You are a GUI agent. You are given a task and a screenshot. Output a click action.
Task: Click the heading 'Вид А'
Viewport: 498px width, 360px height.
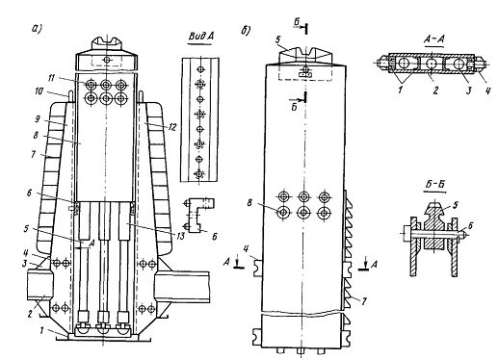point(201,37)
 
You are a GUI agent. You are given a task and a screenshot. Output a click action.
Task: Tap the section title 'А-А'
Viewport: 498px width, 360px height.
point(434,39)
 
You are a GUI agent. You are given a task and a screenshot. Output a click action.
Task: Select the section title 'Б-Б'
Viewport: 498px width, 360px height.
point(435,185)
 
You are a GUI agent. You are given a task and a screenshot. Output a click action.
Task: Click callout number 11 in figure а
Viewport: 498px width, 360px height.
point(51,77)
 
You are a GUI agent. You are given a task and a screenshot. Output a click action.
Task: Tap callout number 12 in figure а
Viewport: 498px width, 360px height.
point(172,127)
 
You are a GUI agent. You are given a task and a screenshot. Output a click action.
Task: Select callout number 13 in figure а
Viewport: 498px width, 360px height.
point(181,237)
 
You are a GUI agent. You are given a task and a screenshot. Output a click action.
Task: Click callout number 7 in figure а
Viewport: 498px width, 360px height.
point(34,155)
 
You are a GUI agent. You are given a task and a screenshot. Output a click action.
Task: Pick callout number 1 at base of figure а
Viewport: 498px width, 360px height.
point(41,330)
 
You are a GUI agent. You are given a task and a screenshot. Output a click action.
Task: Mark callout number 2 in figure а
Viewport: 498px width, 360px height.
point(30,314)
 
